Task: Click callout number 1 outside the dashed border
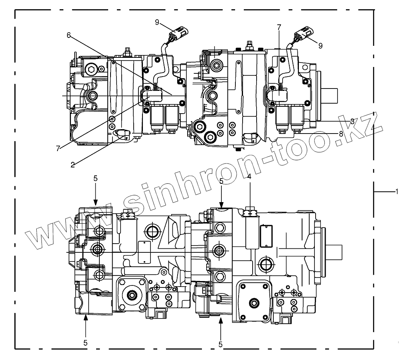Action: (x=397, y=192)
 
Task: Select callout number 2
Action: (x=73, y=164)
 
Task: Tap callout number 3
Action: (x=352, y=120)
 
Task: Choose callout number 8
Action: (x=341, y=134)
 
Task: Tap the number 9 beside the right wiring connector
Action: (x=320, y=45)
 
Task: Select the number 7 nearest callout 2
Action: (x=59, y=148)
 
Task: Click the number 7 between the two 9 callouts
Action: (x=279, y=27)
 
